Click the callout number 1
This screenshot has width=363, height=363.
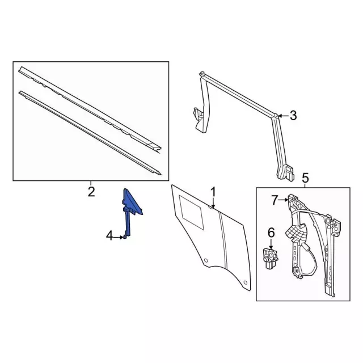pyautogui.click(x=213, y=192)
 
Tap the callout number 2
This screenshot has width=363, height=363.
pyautogui.click(x=91, y=192)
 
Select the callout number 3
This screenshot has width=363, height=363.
pyautogui.click(x=293, y=116)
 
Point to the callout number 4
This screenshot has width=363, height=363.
pyautogui.click(x=109, y=237)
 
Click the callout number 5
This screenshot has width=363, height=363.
pyautogui.click(x=305, y=178)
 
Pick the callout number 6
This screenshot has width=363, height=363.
pyautogui.click(x=271, y=233)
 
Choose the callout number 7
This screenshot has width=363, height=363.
pyautogui.click(x=275, y=200)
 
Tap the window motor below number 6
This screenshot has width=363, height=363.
pyautogui.click(x=271, y=259)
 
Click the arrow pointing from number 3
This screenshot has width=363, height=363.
pyautogui.click(x=284, y=116)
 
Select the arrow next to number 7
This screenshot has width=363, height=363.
pyautogui.click(x=284, y=200)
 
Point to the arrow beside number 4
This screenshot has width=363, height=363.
pyautogui.click(x=119, y=237)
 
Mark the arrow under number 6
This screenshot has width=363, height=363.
pyautogui.click(x=271, y=244)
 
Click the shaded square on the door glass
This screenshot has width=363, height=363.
pyautogui.click(x=191, y=212)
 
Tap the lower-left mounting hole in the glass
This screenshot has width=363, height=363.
pyautogui.click(x=206, y=260)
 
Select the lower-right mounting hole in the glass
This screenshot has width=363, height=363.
pyautogui.click(x=246, y=282)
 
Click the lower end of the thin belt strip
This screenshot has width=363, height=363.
pyautogui.click(x=159, y=174)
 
